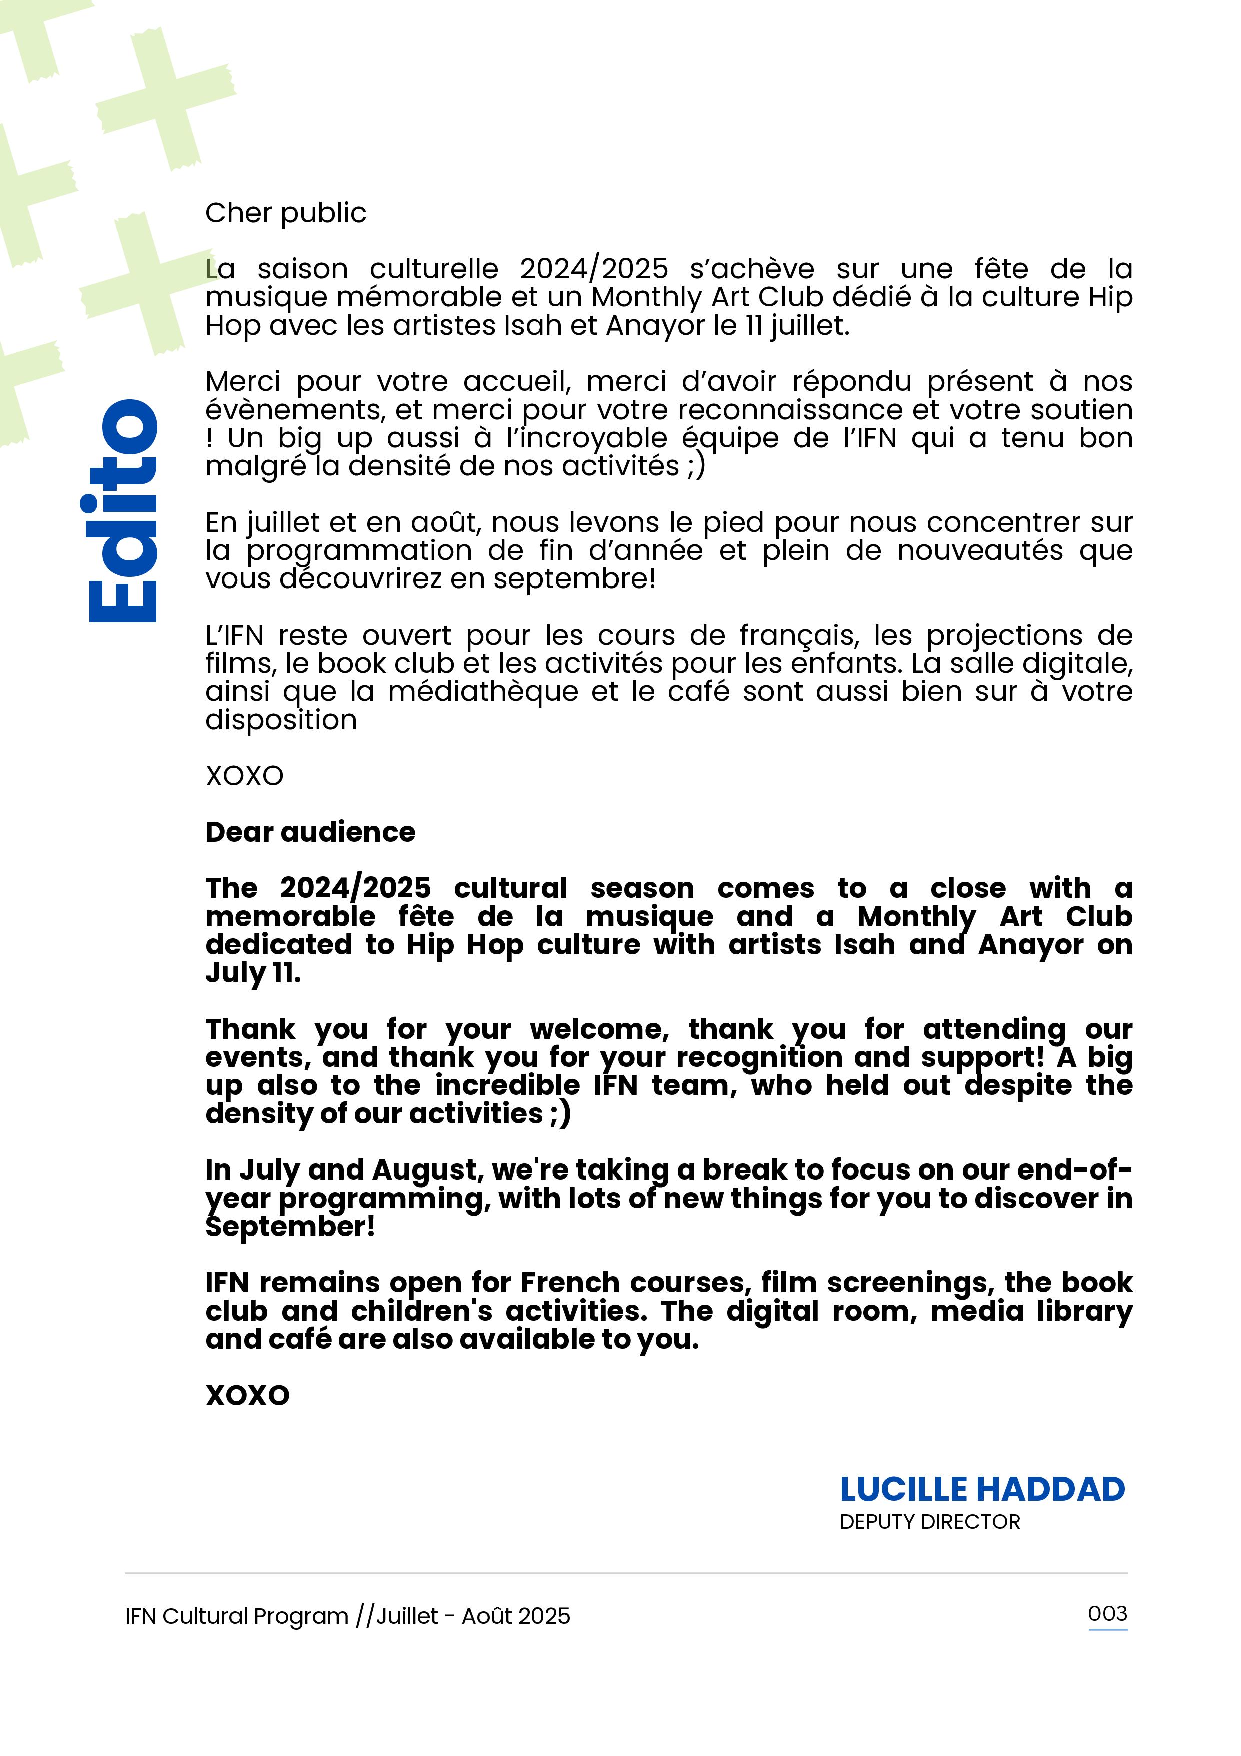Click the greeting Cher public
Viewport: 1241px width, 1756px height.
tap(285, 213)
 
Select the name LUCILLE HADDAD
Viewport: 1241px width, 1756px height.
tap(982, 1489)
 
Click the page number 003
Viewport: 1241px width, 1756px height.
tap(1107, 1614)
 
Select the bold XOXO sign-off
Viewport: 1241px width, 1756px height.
tap(247, 1395)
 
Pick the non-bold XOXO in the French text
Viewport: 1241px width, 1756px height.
tap(244, 776)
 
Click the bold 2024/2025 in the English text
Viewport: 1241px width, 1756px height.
tap(356, 888)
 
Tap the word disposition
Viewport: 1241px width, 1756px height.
tap(281, 720)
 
